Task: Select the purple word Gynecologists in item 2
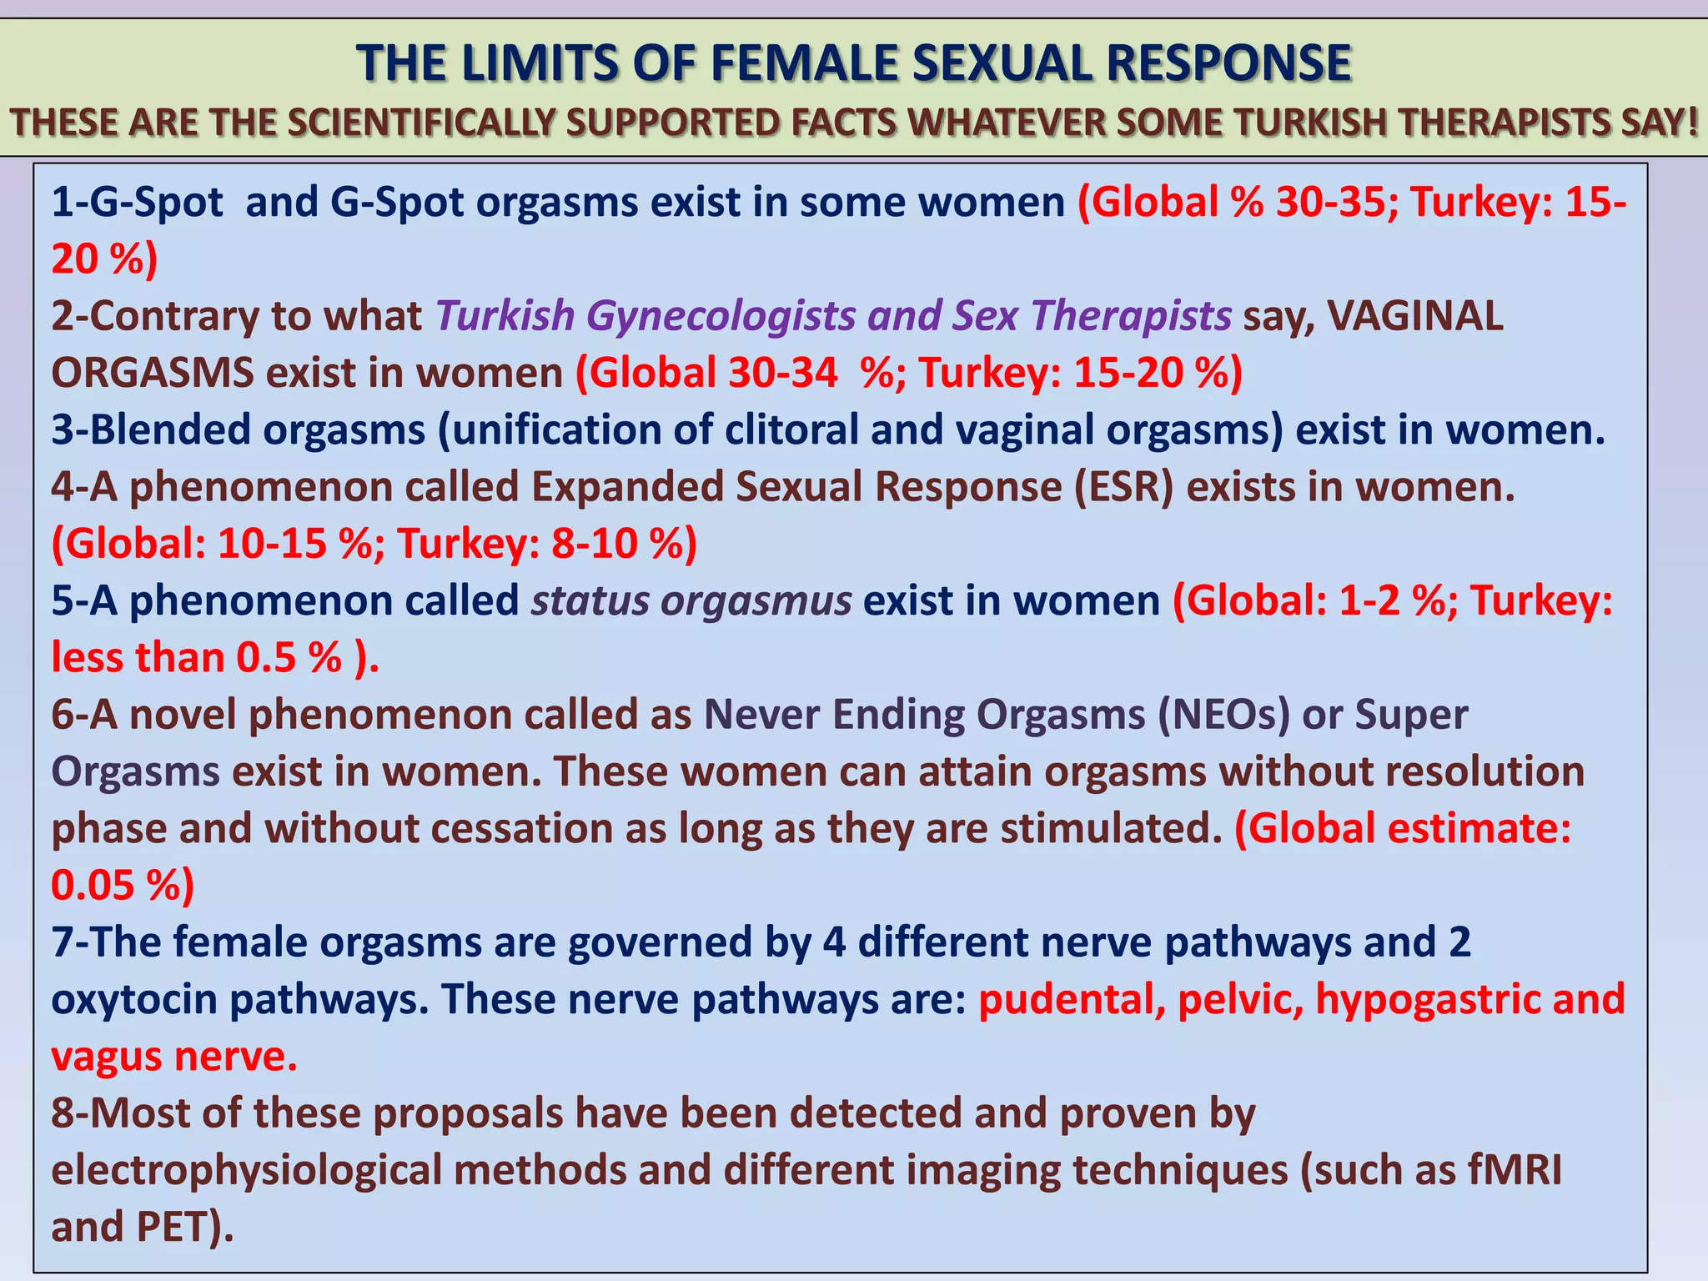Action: click(721, 316)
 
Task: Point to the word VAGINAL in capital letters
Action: click(1415, 316)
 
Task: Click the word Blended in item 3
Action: click(173, 430)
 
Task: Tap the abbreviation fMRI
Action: click(1515, 1170)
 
